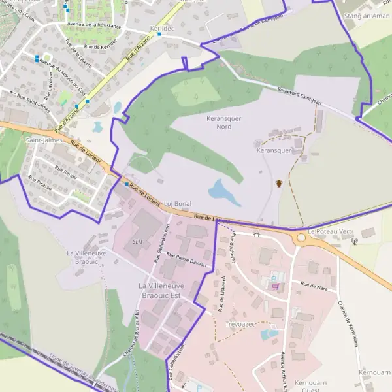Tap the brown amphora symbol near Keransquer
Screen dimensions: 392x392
pyautogui.click(x=278, y=183)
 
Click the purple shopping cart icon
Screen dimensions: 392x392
pyautogui.click(x=276, y=286)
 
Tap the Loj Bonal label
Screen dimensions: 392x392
pyautogui.click(x=176, y=204)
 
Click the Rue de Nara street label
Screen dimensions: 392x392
pyautogui.click(x=314, y=286)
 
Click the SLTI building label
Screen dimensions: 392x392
pyautogui.click(x=138, y=240)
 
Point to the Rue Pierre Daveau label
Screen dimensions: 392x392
pyautogui.click(x=186, y=259)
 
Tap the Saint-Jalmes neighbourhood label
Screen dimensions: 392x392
pyautogui.click(x=44, y=140)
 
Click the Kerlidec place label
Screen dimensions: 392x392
pyautogui.click(x=162, y=31)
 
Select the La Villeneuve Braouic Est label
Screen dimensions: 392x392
pyautogui.click(x=168, y=291)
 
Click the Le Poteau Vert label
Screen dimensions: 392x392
pyautogui.click(x=330, y=232)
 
